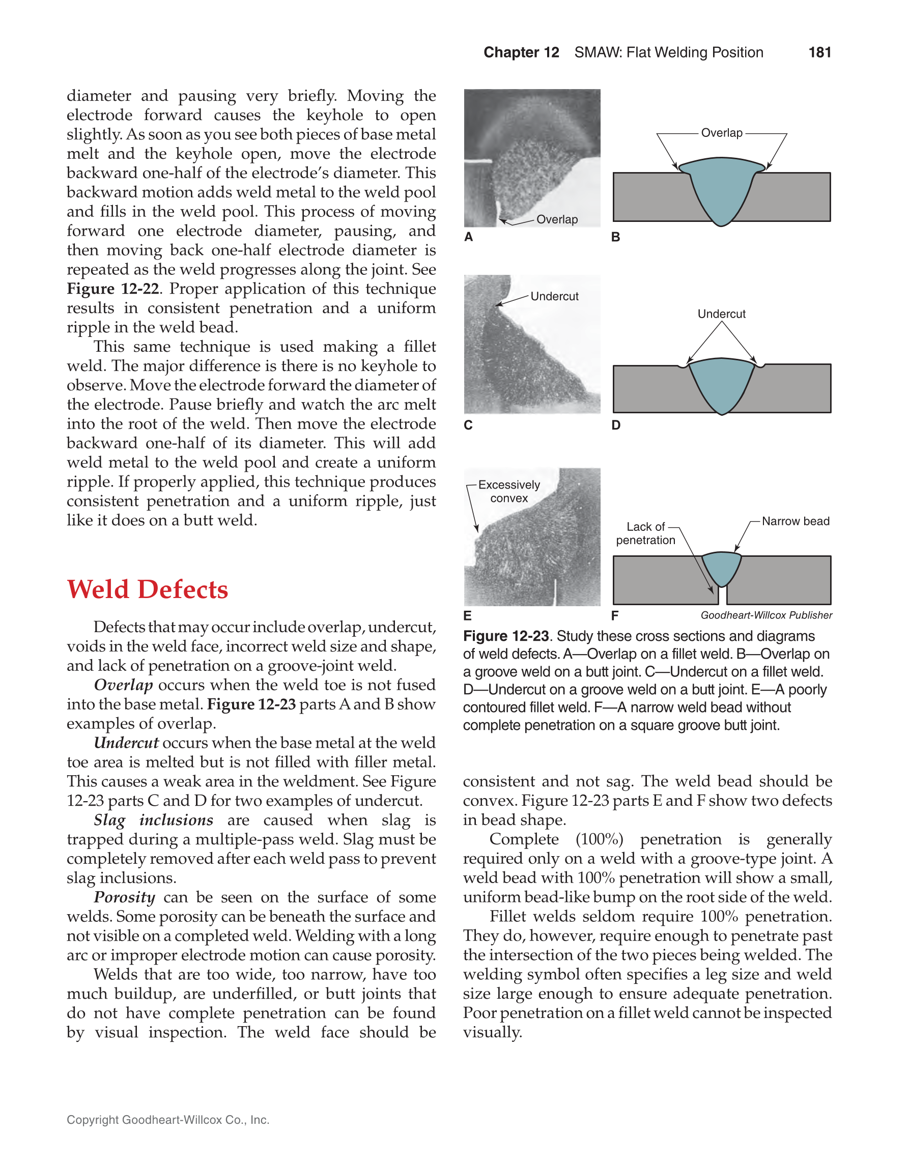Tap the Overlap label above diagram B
point(721,133)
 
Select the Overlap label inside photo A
point(556,219)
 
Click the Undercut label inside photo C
point(554,296)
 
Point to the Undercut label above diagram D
point(721,314)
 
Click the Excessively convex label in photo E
point(508,491)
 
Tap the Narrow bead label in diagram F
point(795,521)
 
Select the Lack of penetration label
point(645,533)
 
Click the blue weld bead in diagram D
point(721,383)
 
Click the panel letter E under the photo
point(468,615)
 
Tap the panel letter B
point(615,237)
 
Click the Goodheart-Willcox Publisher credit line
point(766,615)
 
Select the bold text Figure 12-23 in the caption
point(505,636)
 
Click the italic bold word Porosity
point(125,897)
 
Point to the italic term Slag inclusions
point(153,820)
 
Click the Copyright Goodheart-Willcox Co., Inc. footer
point(167,1119)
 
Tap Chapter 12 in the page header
point(521,52)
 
